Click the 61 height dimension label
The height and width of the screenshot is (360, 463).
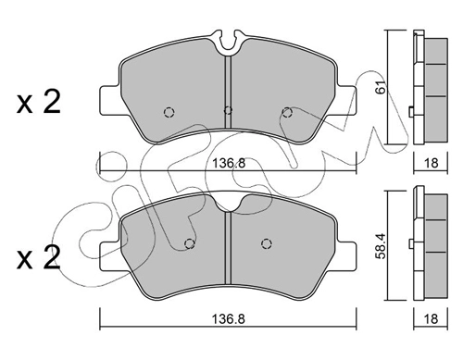pyautogui.click(x=382, y=87)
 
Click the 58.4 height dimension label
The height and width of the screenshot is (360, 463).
pyautogui.click(x=382, y=245)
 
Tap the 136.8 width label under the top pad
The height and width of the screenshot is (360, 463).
pyautogui.click(x=229, y=163)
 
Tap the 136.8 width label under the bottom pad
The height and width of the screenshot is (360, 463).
pyautogui.click(x=229, y=318)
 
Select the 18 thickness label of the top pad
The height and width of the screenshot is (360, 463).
pyautogui.click(x=431, y=162)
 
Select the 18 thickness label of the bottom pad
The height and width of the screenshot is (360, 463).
pyautogui.click(x=431, y=318)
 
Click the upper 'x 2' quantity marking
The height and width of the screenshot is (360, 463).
pyautogui.click(x=39, y=102)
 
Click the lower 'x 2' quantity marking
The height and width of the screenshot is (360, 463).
pyautogui.click(x=39, y=258)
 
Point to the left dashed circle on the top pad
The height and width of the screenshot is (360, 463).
pyautogui.click(x=169, y=112)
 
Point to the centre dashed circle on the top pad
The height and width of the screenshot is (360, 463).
pyautogui.click(x=228, y=109)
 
